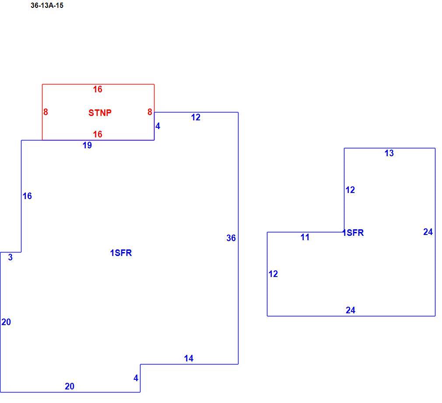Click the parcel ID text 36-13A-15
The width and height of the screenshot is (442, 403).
47,6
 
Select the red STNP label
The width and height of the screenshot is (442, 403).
100,113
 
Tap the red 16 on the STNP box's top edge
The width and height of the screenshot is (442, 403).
98,89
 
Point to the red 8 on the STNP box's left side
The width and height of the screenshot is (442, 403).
46,112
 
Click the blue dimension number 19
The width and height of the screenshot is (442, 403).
87,145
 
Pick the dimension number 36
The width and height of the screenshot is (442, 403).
231,238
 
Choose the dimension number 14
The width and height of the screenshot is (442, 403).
189,358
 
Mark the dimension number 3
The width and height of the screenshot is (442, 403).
10,257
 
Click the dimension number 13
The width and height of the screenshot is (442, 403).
389,153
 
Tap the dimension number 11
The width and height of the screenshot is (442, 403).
305,237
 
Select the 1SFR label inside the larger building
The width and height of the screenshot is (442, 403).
121,253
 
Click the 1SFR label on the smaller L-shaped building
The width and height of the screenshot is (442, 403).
353,233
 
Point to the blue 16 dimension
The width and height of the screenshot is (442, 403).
27,196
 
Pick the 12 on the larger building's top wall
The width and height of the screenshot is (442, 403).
196,117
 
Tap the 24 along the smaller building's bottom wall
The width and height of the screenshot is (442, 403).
351,310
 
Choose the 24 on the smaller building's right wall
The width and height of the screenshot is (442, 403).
428,232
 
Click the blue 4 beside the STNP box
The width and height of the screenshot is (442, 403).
158,126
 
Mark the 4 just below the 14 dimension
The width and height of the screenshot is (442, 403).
136,378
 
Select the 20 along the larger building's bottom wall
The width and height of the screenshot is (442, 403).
69,386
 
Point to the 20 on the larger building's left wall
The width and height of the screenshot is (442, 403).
6,322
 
